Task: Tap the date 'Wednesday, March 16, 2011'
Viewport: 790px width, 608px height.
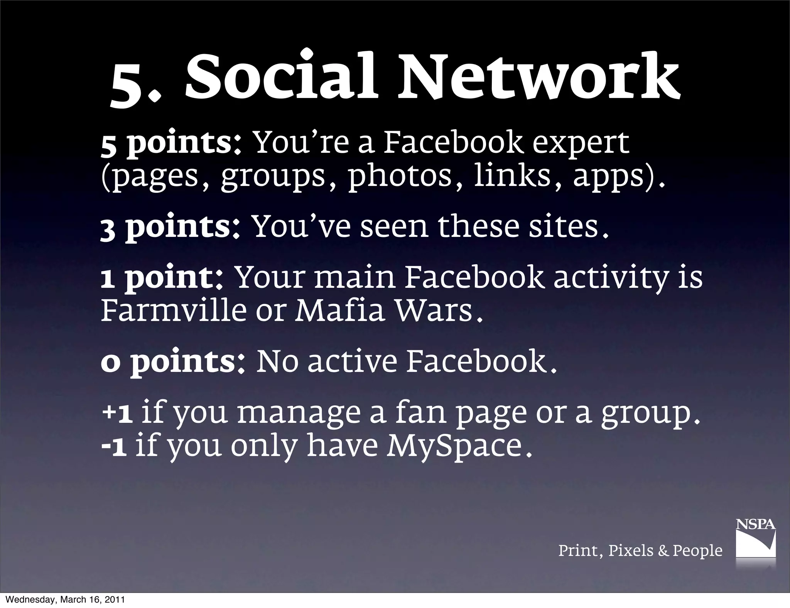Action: pos(66,600)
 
